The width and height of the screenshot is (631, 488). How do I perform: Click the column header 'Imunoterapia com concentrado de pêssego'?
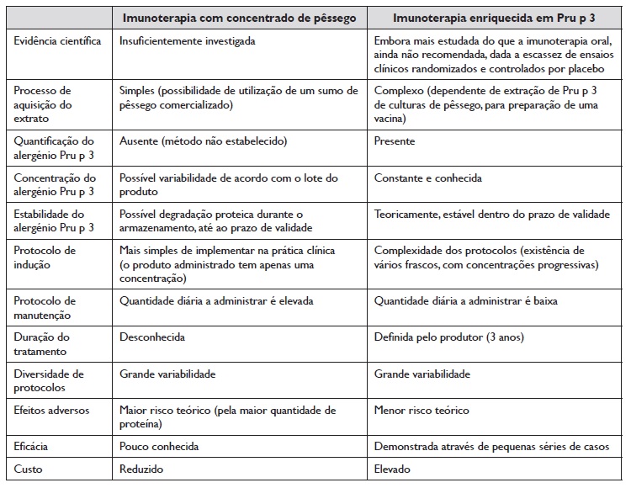[239, 18]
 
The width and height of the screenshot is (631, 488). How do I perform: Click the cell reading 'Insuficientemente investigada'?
[188, 40]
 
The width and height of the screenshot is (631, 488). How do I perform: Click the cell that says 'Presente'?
[395, 141]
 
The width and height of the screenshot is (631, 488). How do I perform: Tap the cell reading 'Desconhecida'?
[152, 337]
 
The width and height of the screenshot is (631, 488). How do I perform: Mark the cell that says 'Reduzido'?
[141, 469]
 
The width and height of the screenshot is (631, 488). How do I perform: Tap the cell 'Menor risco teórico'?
[422, 411]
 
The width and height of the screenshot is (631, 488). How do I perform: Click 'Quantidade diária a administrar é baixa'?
[466, 300]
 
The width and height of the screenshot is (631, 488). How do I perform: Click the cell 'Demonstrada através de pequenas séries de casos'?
[492, 447]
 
